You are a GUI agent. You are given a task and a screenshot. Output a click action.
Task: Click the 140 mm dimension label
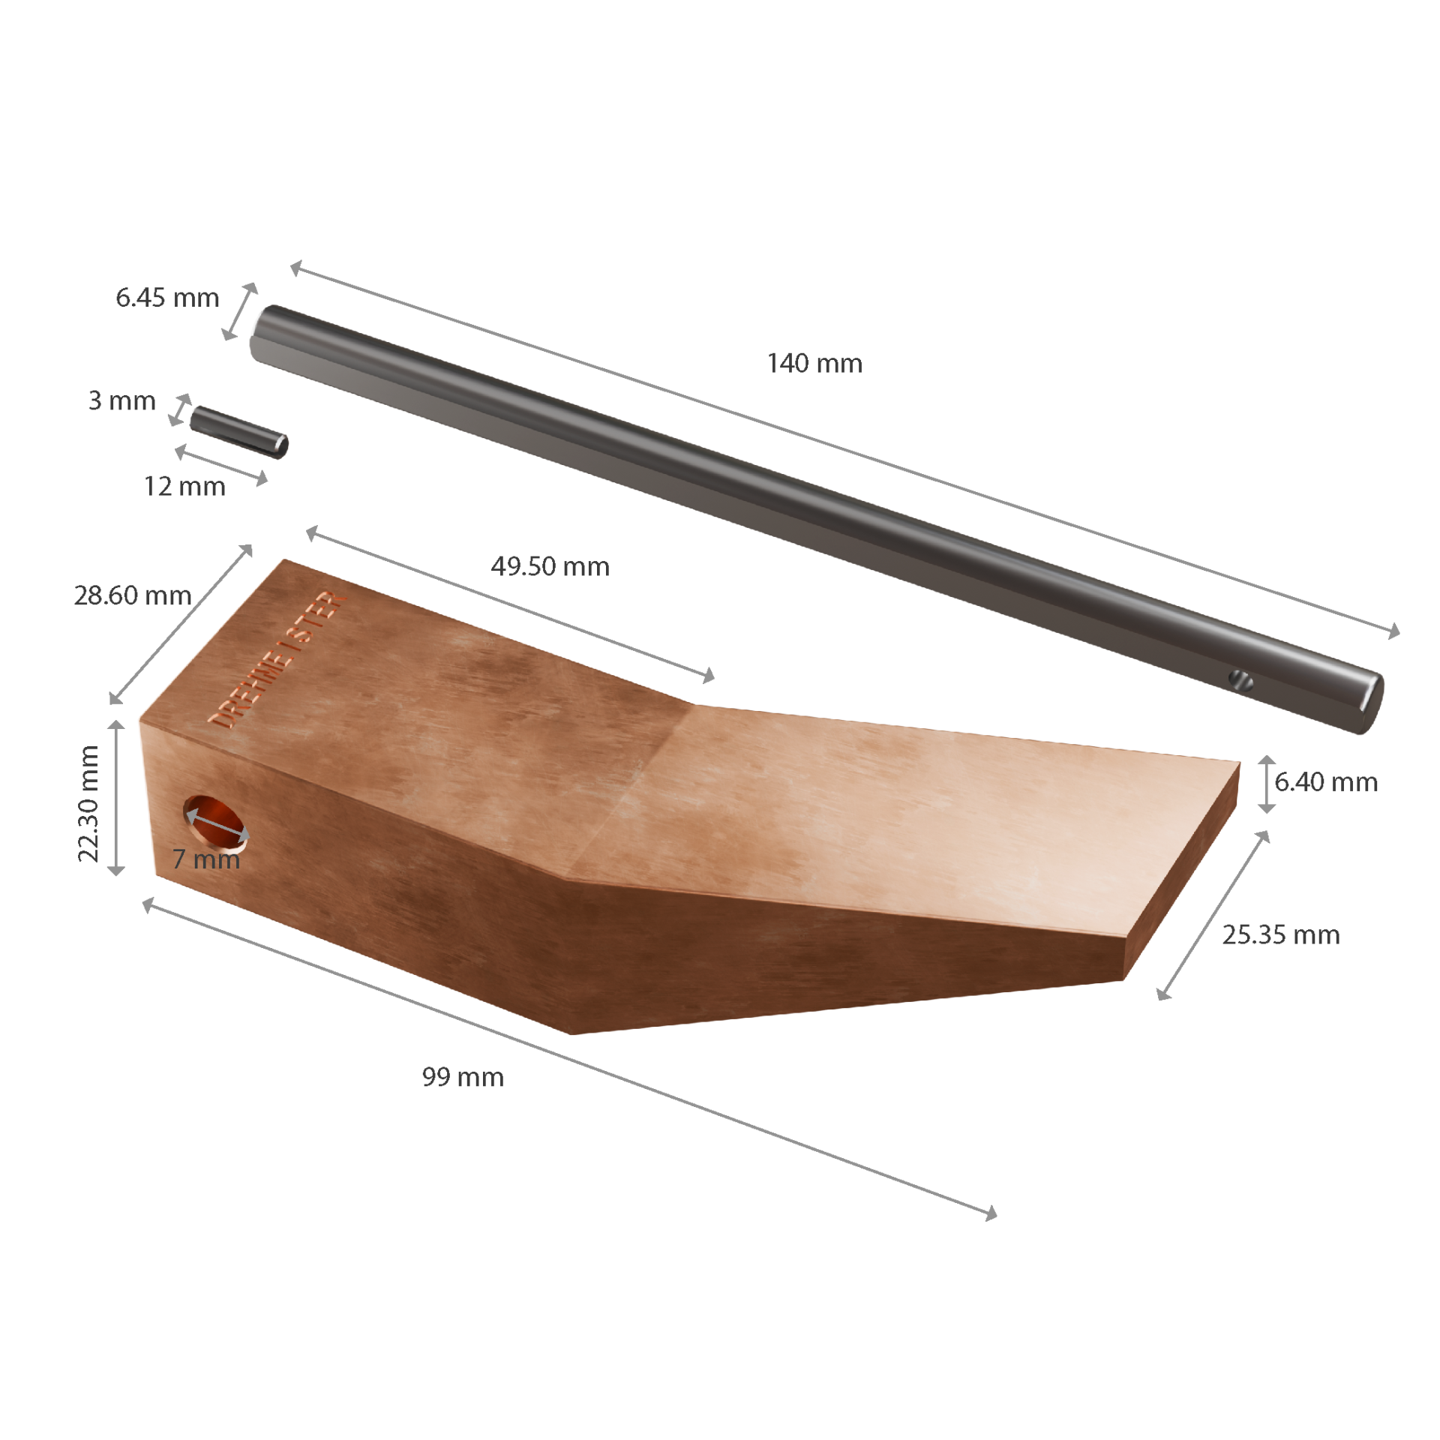[x=814, y=364]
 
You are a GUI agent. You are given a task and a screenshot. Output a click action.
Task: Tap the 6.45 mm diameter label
[x=167, y=298]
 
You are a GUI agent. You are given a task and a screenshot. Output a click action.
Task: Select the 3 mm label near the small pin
[x=121, y=400]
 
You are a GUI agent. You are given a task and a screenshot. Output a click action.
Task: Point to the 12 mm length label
[x=184, y=487]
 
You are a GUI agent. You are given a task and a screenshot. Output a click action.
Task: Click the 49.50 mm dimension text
[x=550, y=566]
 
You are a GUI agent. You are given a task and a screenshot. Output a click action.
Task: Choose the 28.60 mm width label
[x=133, y=595]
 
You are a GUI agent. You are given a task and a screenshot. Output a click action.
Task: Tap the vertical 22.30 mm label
[x=88, y=803]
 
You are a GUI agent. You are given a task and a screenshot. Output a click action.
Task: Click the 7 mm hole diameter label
[x=206, y=859]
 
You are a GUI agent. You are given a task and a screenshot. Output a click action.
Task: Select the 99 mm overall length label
[x=463, y=1077]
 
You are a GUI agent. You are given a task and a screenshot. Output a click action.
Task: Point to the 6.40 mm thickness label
[x=1326, y=782]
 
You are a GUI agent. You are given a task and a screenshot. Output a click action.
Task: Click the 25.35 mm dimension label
[x=1281, y=934]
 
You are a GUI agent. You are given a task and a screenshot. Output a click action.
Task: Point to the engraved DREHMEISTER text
[x=277, y=660]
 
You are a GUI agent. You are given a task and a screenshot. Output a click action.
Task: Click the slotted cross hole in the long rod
[x=1241, y=680]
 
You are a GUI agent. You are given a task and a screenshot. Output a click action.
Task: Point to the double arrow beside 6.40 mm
[x=1267, y=784]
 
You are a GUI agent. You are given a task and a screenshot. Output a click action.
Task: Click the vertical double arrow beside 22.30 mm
[x=116, y=798]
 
